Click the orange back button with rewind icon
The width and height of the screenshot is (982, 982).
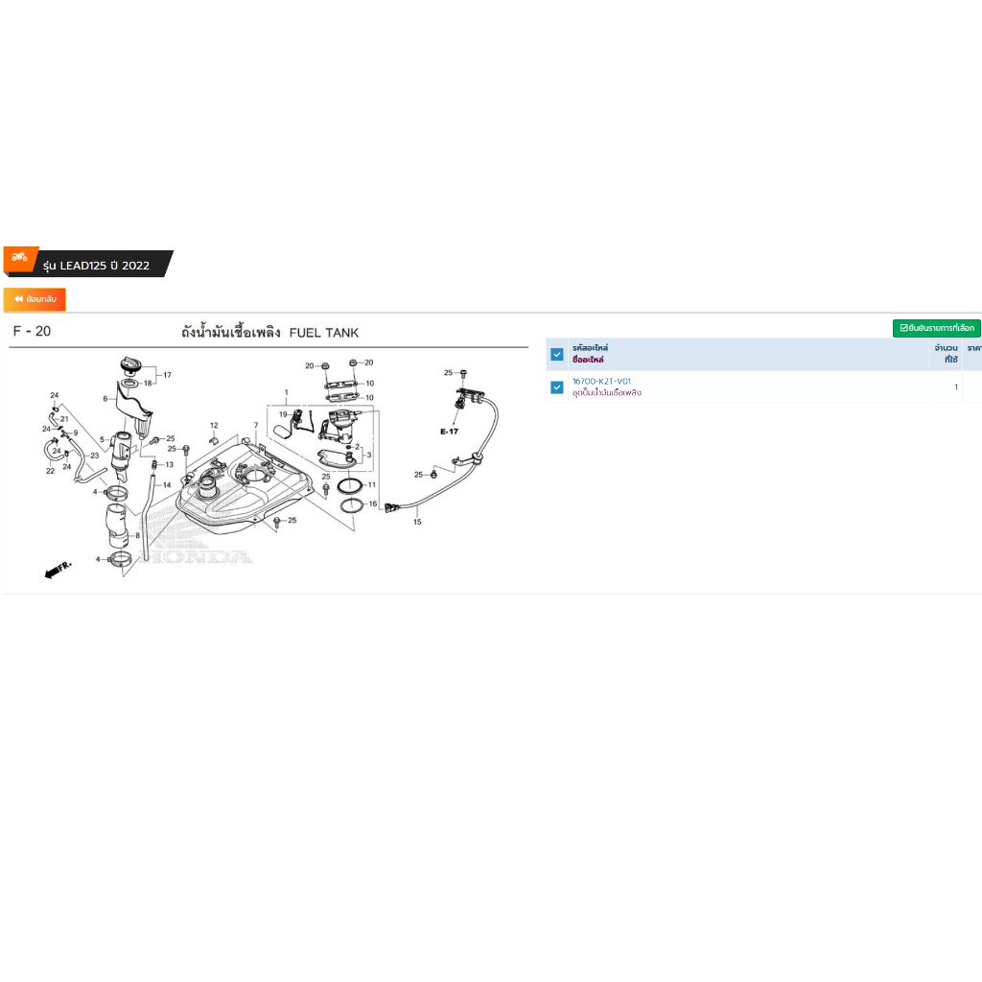point(35,300)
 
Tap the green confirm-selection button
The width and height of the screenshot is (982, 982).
point(936,328)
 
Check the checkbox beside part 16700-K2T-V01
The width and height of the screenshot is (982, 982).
point(557,387)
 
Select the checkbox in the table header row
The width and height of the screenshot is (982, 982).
point(557,354)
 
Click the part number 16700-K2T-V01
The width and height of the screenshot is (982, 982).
point(601,382)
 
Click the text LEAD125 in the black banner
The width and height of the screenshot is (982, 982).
point(82,266)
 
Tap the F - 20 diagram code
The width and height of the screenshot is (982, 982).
point(32,332)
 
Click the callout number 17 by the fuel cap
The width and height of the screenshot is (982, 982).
point(166,375)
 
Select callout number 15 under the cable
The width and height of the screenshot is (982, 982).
point(417,523)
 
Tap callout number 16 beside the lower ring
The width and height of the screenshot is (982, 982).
point(372,503)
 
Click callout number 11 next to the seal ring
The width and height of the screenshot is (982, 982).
point(372,485)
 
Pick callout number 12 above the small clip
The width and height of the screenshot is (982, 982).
point(214,426)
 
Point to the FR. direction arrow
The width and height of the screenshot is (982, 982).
point(58,570)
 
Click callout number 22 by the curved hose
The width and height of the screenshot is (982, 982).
point(50,470)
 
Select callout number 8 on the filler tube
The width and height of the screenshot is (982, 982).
point(138,536)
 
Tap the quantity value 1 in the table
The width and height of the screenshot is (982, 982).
point(955,387)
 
